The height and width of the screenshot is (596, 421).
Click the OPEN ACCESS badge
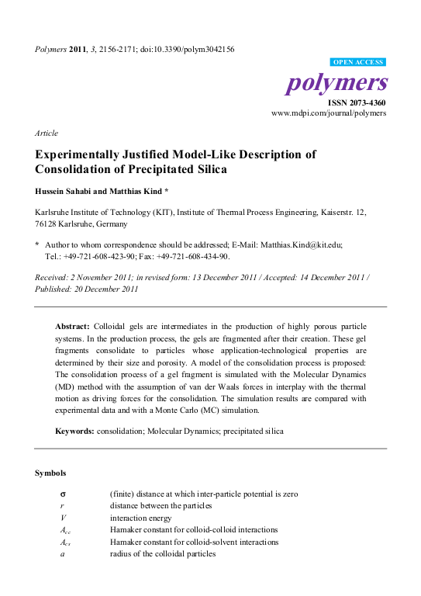[357, 61]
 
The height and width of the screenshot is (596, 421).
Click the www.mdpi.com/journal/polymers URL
[328, 113]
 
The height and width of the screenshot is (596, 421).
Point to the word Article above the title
[46, 133]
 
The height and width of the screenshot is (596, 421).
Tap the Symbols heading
[50, 473]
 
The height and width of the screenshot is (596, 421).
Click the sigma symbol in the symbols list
[62, 494]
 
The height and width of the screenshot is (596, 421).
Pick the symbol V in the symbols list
[62, 518]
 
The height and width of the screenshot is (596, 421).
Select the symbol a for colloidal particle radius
[61, 554]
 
